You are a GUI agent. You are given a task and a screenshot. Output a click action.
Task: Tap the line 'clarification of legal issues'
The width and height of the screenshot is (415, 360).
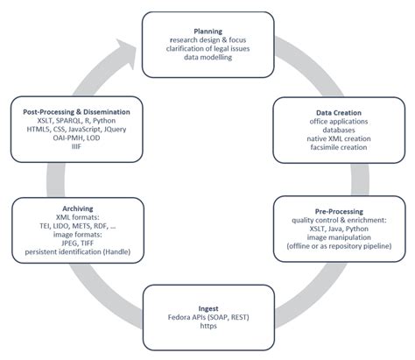(x=207, y=50)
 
